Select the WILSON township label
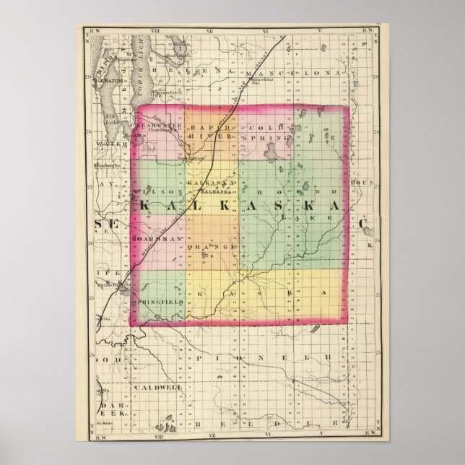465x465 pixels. [x=154, y=191]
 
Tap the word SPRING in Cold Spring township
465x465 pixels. [x=266, y=136]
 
